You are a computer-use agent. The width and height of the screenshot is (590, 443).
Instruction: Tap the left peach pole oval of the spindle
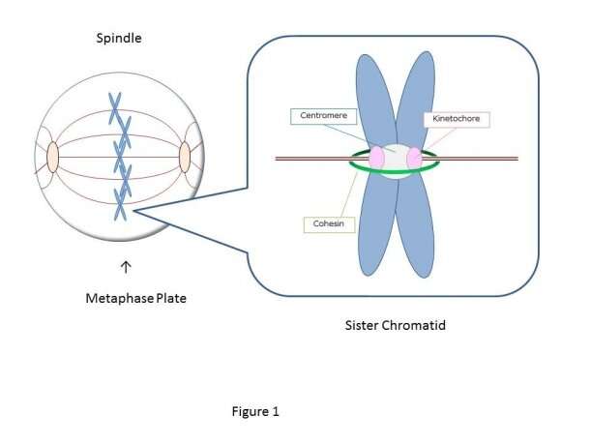(x=52, y=158)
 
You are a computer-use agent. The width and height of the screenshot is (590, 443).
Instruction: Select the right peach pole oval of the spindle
(x=185, y=157)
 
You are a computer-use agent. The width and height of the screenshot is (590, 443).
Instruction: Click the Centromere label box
(x=324, y=117)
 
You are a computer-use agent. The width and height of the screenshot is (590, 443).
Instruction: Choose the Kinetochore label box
(x=457, y=120)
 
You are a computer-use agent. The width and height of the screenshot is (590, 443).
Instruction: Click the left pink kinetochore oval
(x=376, y=157)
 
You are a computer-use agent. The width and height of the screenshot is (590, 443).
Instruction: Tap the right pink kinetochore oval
(x=414, y=158)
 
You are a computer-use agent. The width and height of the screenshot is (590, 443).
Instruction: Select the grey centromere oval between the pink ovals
(x=396, y=160)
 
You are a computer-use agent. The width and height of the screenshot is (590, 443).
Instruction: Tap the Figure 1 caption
(x=255, y=411)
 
